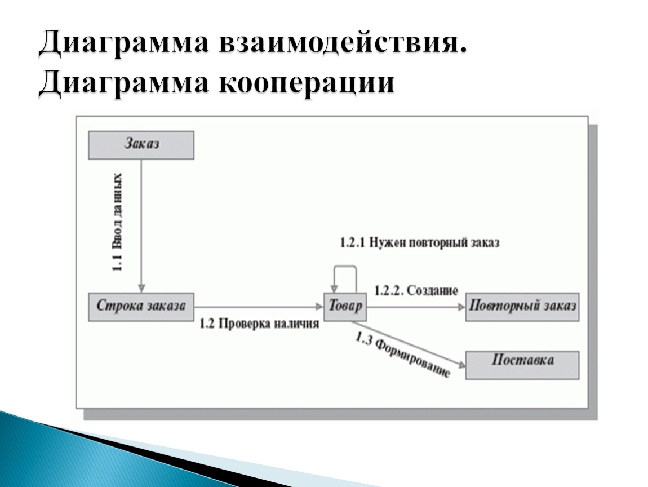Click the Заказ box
click(x=141, y=145)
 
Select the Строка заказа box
click(x=141, y=307)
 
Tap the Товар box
click(x=345, y=307)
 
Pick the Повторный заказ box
click(x=522, y=307)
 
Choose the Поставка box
click(x=522, y=365)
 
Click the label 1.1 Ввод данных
click(x=117, y=222)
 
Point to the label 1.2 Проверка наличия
click(x=259, y=324)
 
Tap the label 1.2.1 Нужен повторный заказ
click(x=419, y=242)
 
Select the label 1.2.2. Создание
click(x=416, y=291)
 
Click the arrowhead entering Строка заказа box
click(x=141, y=289)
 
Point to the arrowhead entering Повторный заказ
click(x=461, y=307)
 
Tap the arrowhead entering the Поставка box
click(x=461, y=364)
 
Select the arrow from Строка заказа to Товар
click(x=259, y=307)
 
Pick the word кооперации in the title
click(x=306, y=83)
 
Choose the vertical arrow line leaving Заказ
click(x=141, y=226)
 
